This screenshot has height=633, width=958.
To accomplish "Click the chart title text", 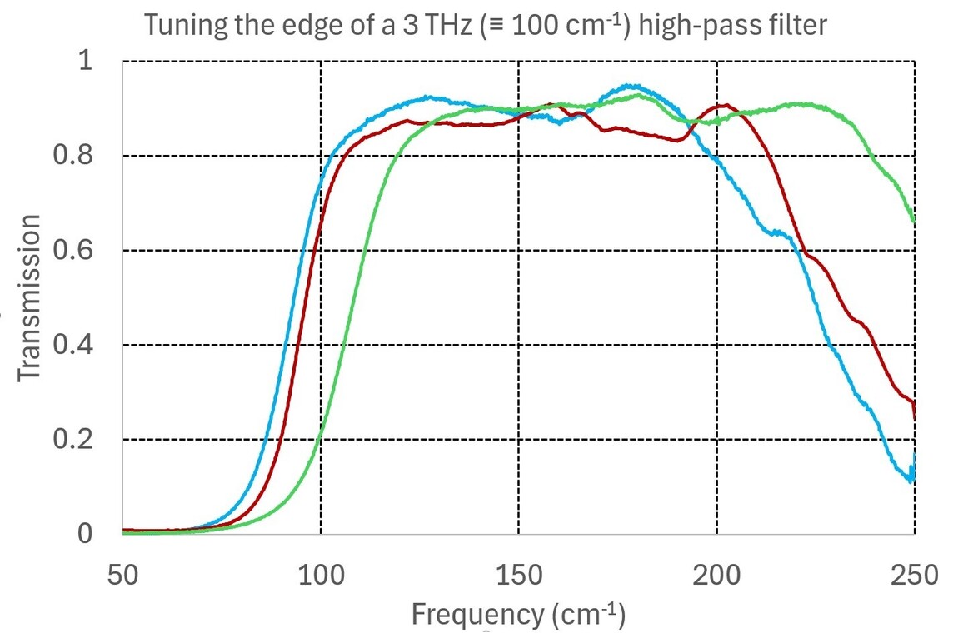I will pos(486,25).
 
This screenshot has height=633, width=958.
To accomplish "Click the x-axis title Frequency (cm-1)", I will pos(518,615).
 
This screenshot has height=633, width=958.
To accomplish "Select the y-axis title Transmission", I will pos(30,297).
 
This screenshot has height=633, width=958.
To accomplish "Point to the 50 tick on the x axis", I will pos(122,576).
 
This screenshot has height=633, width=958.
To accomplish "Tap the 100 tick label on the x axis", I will pos(321,576).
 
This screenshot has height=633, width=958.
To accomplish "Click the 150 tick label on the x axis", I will pos(518,576).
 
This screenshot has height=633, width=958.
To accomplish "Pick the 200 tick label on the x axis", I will pos(716,576).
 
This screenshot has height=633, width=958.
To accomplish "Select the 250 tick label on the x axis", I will pos(914,576).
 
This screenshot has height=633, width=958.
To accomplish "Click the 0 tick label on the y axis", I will pos(86,534).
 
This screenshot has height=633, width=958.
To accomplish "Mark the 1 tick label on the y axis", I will pos(86,62).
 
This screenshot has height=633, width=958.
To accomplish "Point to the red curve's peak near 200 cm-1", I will pos(726,105).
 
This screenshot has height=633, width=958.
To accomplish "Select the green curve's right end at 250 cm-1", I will pos(914,221).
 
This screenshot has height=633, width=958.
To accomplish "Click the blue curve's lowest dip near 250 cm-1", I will pos(911,481).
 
